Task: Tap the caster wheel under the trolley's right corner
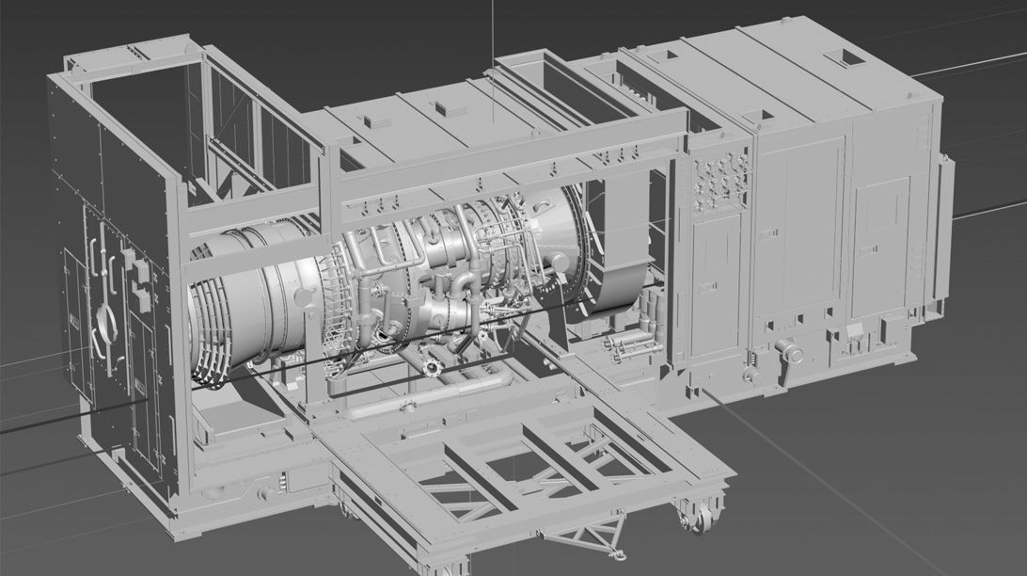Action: point(700,519)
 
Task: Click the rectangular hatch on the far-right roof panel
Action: point(853,57)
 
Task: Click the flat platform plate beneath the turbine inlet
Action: point(235,419)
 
